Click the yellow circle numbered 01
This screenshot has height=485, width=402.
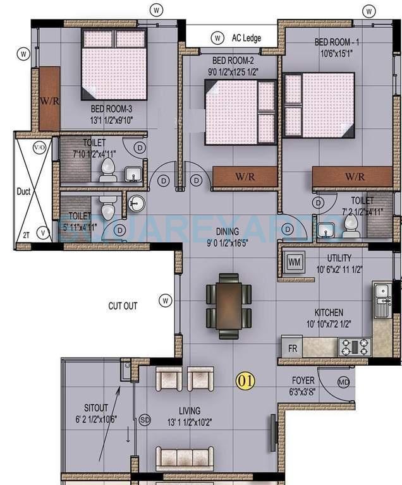click(x=245, y=381)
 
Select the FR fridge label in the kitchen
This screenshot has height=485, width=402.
click(x=293, y=348)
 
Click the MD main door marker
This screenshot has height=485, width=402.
click(x=343, y=383)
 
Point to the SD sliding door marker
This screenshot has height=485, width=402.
click(x=145, y=420)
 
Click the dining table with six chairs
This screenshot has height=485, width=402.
click(x=228, y=305)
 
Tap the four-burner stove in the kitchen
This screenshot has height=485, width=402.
click(x=355, y=347)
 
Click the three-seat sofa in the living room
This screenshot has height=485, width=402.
click(x=184, y=457)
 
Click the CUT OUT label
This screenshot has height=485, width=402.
click(x=123, y=306)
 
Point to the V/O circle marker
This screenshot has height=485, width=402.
click(x=39, y=147)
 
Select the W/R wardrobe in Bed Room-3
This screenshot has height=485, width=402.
click(x=49, y=100)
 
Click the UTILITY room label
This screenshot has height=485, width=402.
click(x=339, y=258)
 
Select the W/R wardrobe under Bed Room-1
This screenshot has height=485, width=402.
click(x=352, y=176)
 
